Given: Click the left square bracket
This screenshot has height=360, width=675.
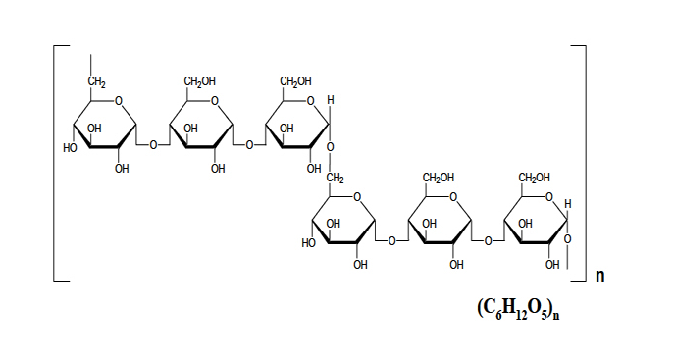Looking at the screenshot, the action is coord(54,163).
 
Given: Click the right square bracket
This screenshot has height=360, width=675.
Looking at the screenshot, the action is coord(586,163).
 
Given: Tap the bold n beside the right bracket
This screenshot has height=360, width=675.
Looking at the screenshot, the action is coord(600,276).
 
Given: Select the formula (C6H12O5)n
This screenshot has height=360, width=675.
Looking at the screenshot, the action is coord(518,309).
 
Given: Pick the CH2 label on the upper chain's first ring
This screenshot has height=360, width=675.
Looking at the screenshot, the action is coord(97,81).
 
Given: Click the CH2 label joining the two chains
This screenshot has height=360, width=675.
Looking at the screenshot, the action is coord(335,178).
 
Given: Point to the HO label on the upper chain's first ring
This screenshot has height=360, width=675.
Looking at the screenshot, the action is coord(70,148).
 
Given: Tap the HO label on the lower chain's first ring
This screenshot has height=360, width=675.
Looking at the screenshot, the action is coord(309,243).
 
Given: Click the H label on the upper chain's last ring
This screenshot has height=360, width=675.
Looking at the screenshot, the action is coord(331,100).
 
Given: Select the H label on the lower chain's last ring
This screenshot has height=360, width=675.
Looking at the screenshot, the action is coord(568,204).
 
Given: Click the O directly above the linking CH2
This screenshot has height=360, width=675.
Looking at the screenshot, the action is coord(331,147).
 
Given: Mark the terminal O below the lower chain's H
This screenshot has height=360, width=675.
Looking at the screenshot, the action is coord(568,239).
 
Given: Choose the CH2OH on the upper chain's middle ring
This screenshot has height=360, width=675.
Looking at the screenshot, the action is coord(200,81).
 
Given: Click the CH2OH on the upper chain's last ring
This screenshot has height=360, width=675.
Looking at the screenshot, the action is coord(295,81).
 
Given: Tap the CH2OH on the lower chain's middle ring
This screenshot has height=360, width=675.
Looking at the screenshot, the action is coord(439,178).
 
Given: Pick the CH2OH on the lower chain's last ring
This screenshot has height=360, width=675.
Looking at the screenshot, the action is coord(535,178).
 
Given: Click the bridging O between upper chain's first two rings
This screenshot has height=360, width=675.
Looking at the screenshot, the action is coord(153,145).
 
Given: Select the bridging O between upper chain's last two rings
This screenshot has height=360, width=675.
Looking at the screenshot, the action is coord(249,145).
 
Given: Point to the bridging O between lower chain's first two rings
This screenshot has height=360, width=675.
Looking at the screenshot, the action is coord(391,241).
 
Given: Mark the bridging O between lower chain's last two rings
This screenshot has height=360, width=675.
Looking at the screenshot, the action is coord(488,241).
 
